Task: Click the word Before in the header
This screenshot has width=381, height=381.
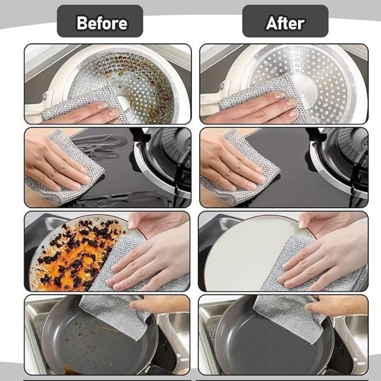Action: (x=102, y=23)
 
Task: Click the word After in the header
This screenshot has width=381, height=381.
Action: (x=285, y=23)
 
